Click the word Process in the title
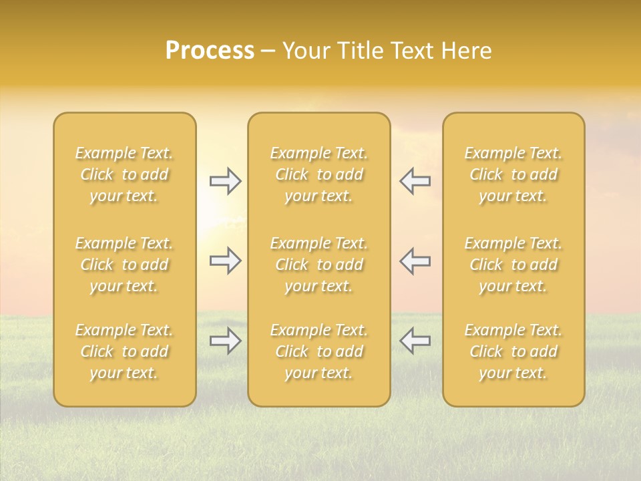[x=210, y=51]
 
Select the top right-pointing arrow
[x=225, y=181]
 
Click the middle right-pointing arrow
[x=225, y=261]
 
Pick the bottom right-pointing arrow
[x=225, y=341]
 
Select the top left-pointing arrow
[x=415, y=181]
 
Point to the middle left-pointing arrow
[x=415, y=261]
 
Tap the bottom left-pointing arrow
[x=415, y=341]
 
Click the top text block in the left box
[x=124, y=174]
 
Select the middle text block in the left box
[x=124, y=265]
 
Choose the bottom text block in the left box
[x=124, y=351]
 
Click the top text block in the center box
[x=319, y=174]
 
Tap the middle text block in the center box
[x=319, y=265]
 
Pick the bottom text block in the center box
[x=319, y=351]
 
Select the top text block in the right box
[x=513, y=174]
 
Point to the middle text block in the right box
[x=513, y=265]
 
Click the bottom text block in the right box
[x=513, y=351]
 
